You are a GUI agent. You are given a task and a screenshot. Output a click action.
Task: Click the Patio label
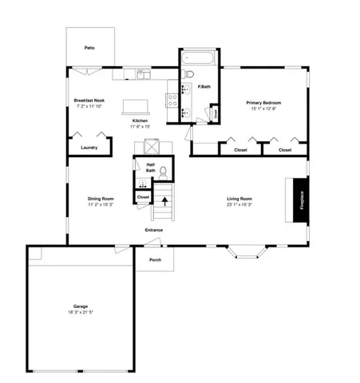click(x=90, y=48)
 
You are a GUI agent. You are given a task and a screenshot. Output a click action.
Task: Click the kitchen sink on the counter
click(x=142, y=75)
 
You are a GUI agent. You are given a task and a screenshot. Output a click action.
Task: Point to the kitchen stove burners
click(x=171, y=100)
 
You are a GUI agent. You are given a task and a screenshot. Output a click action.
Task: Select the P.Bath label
click(x=204, y=85)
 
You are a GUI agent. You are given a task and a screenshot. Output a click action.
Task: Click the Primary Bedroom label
click(x=264, y=102)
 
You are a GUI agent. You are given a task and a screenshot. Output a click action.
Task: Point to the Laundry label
click(x=89, y=147)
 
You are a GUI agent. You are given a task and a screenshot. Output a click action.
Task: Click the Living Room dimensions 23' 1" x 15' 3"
click(x=239, y=204)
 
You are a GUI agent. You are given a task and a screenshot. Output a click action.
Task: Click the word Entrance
click(x=153, y=231)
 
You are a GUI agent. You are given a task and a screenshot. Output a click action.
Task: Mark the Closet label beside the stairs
click(x=143, y=196)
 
